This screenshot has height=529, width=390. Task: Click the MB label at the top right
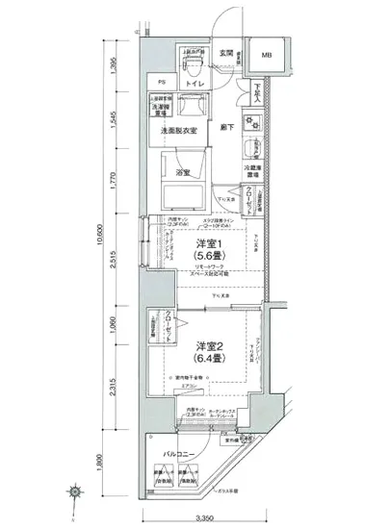pyautogui.click(x=266, y=55)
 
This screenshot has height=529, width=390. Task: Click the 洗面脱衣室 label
pyautogui.click(x=180, y=130)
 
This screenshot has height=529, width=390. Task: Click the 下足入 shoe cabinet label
pyautogui.click(x=257, y=93)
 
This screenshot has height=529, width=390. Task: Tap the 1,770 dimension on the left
pyautogui.click(x=114, y=183)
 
